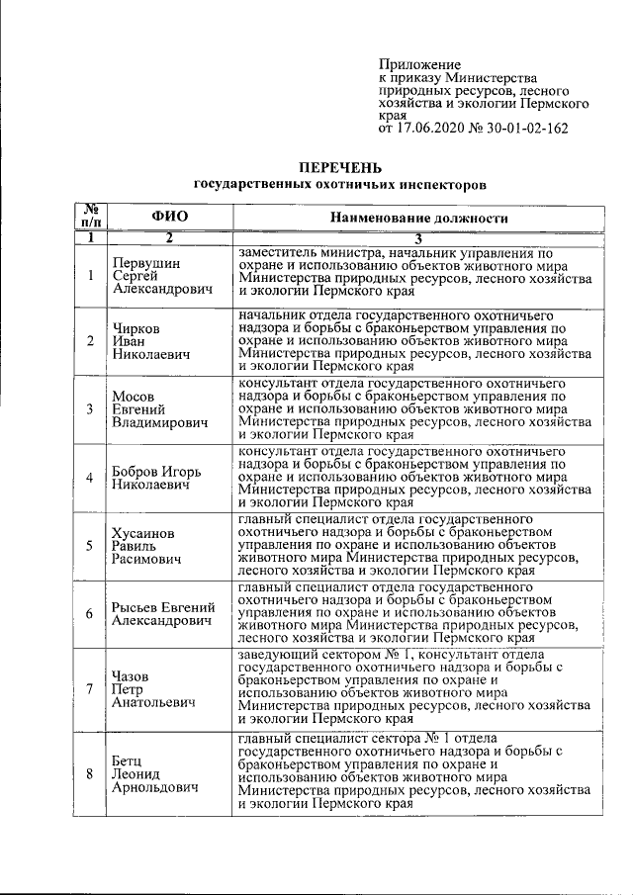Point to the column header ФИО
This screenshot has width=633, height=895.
169,217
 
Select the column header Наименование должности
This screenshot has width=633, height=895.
418,218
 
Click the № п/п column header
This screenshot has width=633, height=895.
90,217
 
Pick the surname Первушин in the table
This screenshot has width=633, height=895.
146,261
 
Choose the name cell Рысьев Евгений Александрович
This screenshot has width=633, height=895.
163,613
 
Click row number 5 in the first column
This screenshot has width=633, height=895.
90,546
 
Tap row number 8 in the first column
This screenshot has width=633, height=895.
90,775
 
